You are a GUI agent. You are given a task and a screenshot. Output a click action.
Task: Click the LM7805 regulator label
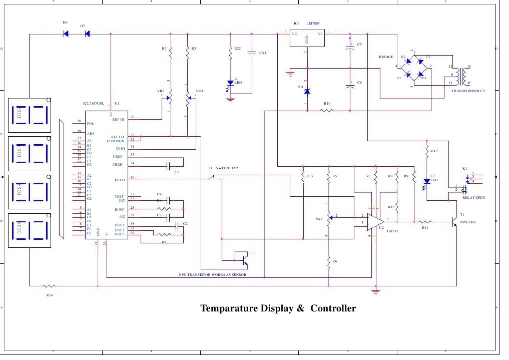[x=316, y=24]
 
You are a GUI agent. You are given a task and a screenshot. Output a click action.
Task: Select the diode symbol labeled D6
[x=66, y=34]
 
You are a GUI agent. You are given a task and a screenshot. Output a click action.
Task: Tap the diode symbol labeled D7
[x=87, y=34]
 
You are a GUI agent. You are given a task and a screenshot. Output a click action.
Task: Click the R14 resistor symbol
[x=49, y=286]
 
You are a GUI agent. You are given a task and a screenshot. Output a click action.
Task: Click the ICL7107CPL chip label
[x=94, y=104]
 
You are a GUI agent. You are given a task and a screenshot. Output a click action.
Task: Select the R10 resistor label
[x=327, y=104]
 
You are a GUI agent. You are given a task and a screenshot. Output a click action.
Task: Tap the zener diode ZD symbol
[x=307, y=91]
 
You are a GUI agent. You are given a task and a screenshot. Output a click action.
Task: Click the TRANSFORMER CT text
[x=468, y=91]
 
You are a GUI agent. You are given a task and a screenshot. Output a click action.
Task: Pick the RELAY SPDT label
[x=473, y=198]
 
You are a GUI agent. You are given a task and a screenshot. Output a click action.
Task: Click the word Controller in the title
[x=333, y=308]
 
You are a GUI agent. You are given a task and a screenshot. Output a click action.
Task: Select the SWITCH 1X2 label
[x=227, y=168]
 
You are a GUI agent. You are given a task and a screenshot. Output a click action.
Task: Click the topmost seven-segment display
[x=31, y=115]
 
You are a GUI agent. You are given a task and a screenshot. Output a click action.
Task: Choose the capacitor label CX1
[x=262, y=53]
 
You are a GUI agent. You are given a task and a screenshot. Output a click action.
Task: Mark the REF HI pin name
[x=119, y=119]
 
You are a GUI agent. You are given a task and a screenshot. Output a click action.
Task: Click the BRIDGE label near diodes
[x=386, y=58]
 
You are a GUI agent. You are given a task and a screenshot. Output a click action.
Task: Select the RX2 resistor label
[x=434, y=151]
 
